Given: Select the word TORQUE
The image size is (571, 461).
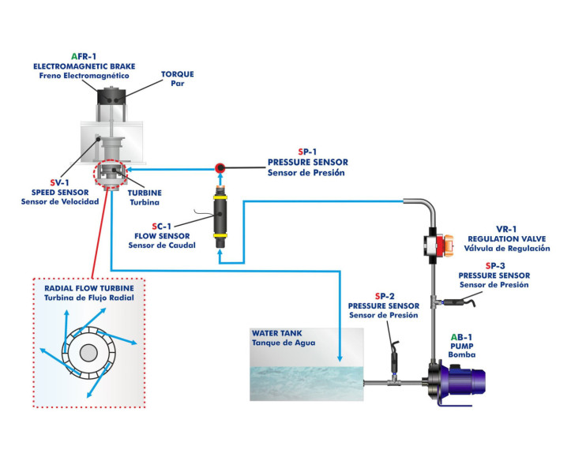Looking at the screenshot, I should tap(177, 74).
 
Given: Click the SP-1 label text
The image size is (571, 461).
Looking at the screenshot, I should tap(306, 152).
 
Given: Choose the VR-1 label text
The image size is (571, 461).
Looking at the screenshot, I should tap(507, 227).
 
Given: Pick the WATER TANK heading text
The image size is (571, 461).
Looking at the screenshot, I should tap(277, 333).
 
